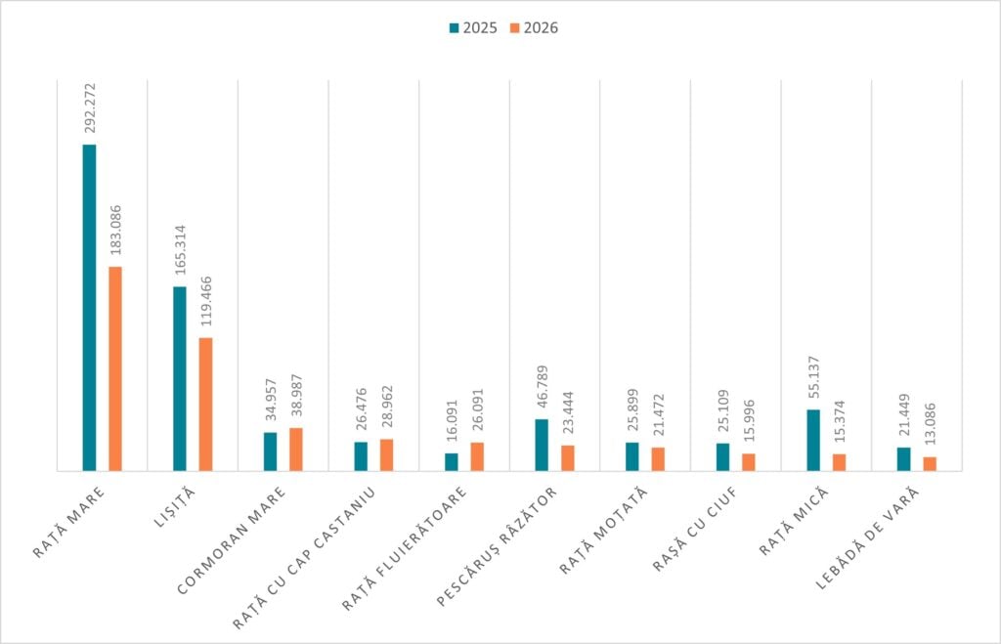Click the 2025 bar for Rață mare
(x=89, y=307)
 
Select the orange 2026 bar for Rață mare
(x=115, y=368)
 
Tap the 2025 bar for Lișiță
(x=180, y=378)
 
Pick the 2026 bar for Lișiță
(x=205, y=404)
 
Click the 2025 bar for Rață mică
(x=813, y=440)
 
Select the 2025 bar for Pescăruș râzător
(x=542, y=445)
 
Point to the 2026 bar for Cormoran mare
(x=296, y=450)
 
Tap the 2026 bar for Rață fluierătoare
(x=477, y=456)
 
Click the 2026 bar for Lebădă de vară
(x=930, y=463)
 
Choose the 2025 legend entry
(x=473, y=28)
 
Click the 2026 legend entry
(x=533, y=28)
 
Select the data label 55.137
(x=813, y=375)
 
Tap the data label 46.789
(x=542, y=385)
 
